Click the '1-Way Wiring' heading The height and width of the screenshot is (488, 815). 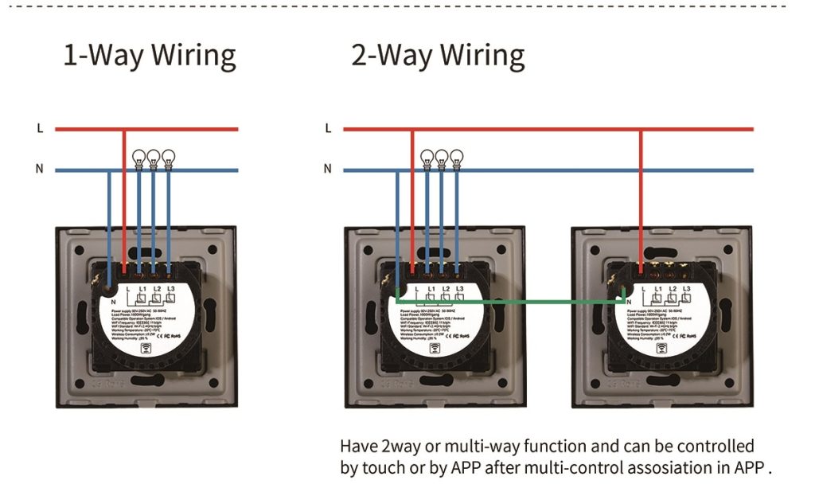(x=150, y=57)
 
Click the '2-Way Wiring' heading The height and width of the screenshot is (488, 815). (x=438, y=57)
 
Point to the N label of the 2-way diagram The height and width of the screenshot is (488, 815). (x=328, y=170)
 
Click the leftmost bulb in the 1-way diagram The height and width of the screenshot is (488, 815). (x=139, y=158)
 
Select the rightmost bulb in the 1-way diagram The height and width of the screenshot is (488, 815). (x=168, y=158)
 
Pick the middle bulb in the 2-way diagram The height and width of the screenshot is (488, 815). (x=442, y=158)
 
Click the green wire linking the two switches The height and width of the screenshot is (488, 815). (x=509, y=302)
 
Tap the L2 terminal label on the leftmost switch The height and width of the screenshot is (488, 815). (x=157, y=287)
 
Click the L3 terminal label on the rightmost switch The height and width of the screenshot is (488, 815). (x=687, y=287)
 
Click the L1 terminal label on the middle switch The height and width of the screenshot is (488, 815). (x=431, y=287)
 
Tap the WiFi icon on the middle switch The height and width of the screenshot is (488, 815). (x=435, y=347)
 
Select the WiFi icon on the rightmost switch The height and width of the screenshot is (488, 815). (x=661, y=347)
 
